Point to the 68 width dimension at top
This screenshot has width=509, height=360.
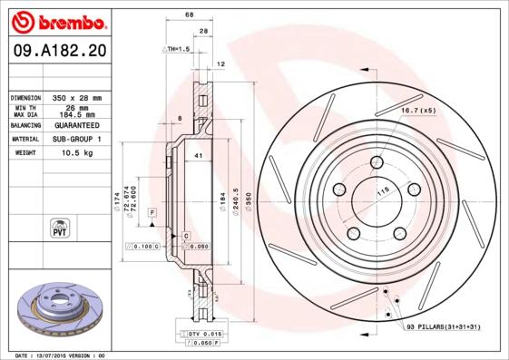189,15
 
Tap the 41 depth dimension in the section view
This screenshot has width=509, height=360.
197,157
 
